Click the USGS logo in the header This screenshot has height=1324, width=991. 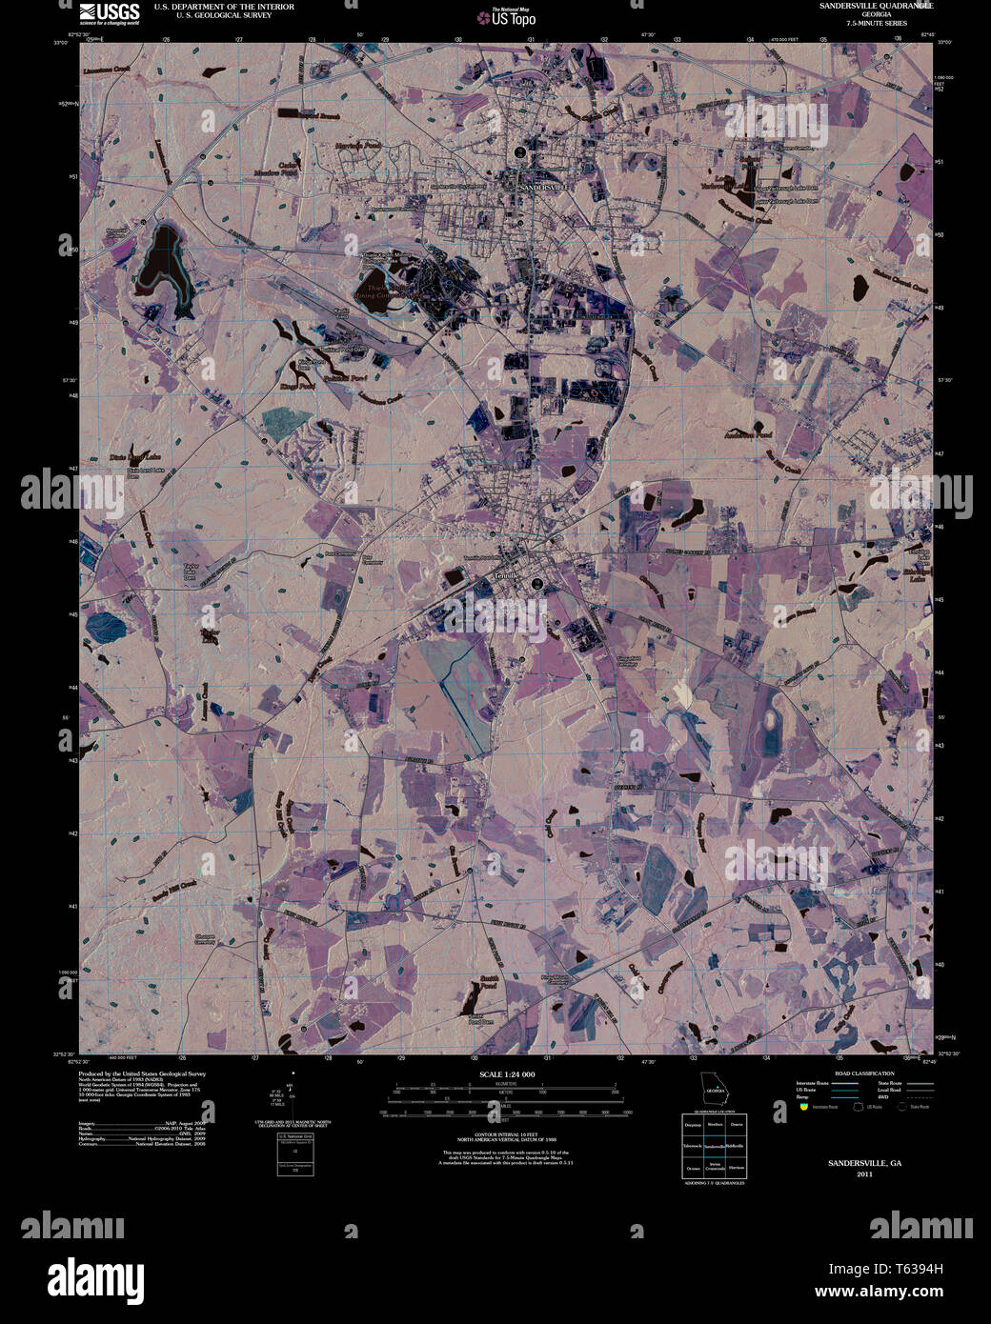(x=110, y=12)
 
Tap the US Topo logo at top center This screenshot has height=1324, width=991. (x=513, y=16)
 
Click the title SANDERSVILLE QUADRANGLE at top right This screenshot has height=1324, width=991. (x=876, y=6)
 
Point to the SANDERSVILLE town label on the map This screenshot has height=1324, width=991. (x=542, y=188)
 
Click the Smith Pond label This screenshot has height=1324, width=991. (x=489, y=982)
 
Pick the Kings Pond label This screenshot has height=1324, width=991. (x=297, y=386)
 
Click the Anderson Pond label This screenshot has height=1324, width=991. (x=748, y=433)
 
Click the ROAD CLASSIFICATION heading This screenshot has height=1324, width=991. (x=864, y=1073)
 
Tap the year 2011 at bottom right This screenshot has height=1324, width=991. (x=864, y=1174)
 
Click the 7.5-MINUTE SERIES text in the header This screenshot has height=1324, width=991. (x=876, y=23)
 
